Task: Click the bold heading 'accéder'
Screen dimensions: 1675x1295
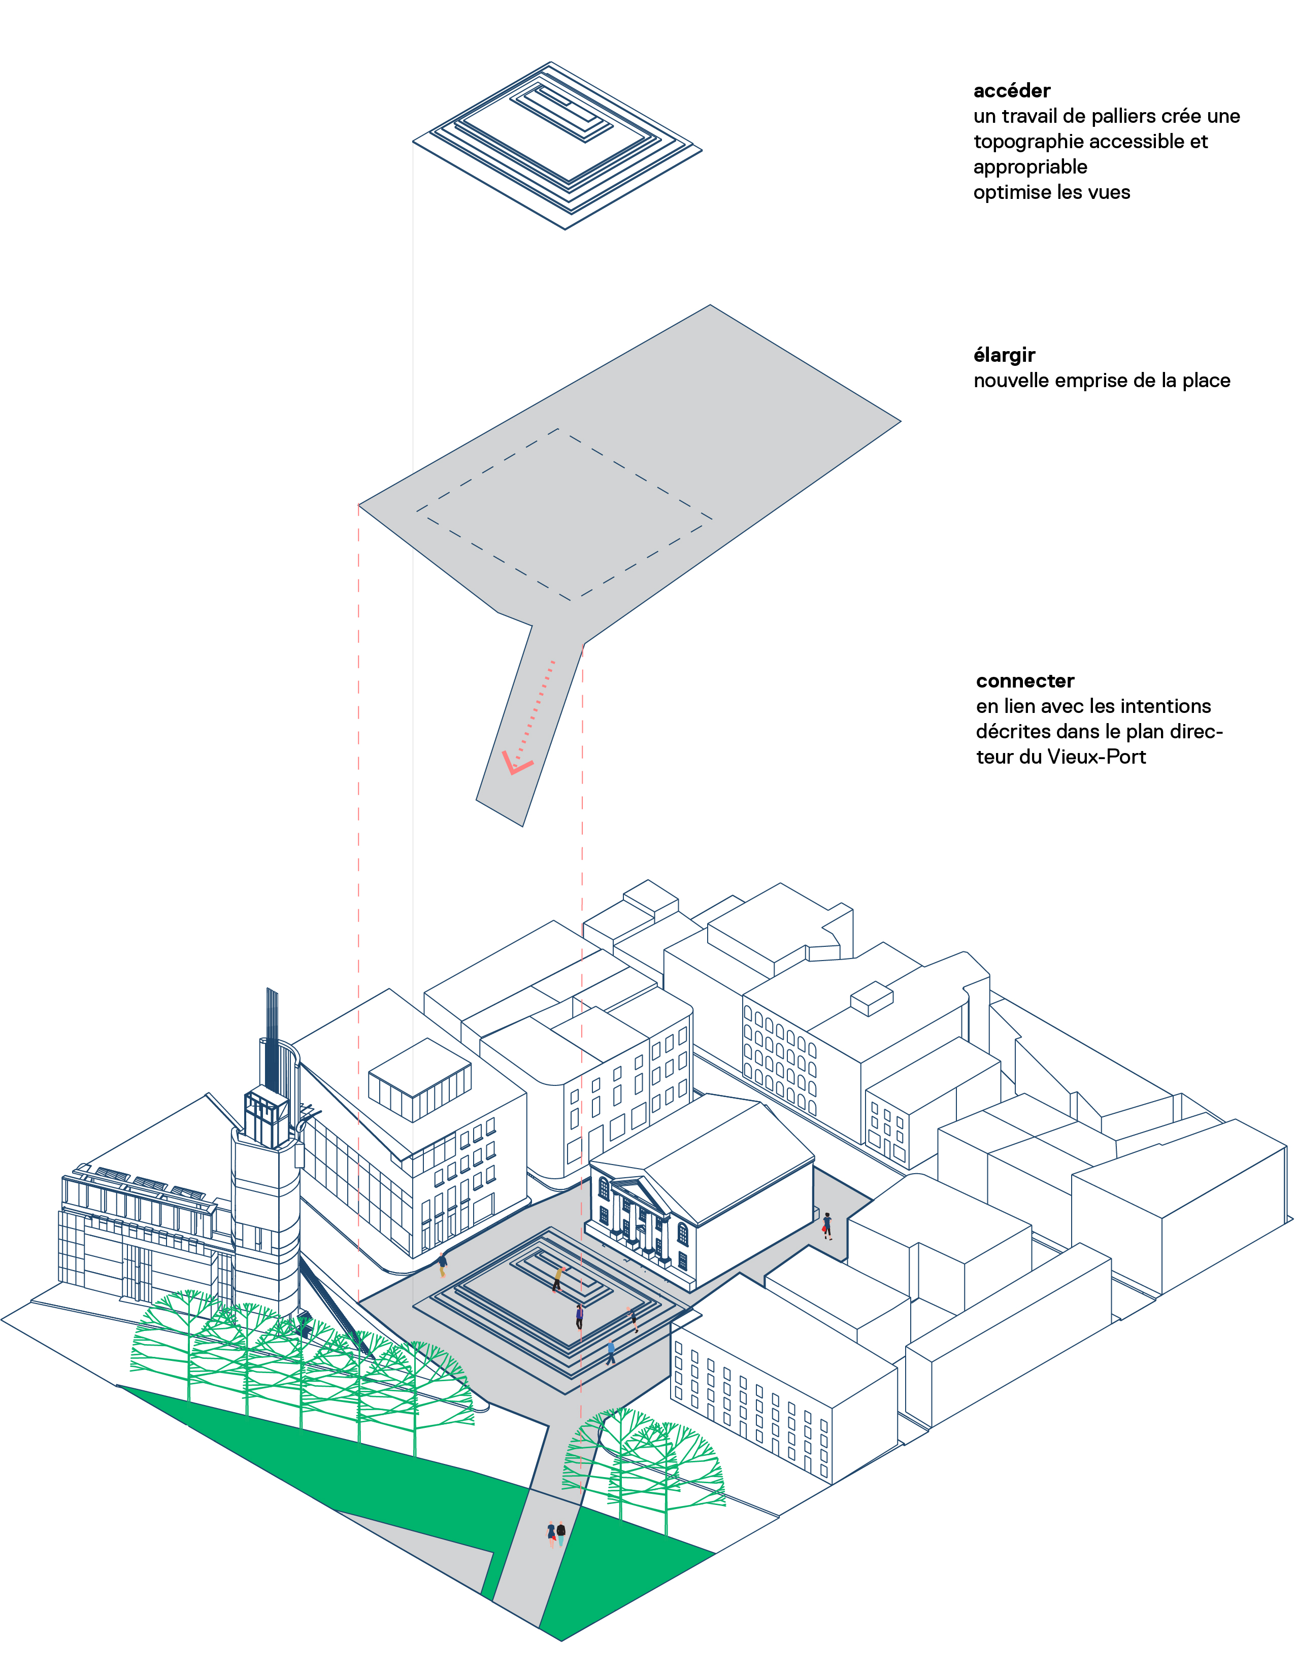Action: [1011, 90]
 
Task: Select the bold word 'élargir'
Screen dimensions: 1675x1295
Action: [1004, 355]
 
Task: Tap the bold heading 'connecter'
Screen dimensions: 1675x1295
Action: [1024, 681]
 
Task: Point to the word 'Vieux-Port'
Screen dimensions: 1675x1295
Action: [1097, 757]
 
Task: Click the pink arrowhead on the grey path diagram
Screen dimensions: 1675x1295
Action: [516, 764]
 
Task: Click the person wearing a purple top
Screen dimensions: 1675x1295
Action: [579, 1317]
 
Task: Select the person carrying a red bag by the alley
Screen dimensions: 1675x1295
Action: [826, 1225]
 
